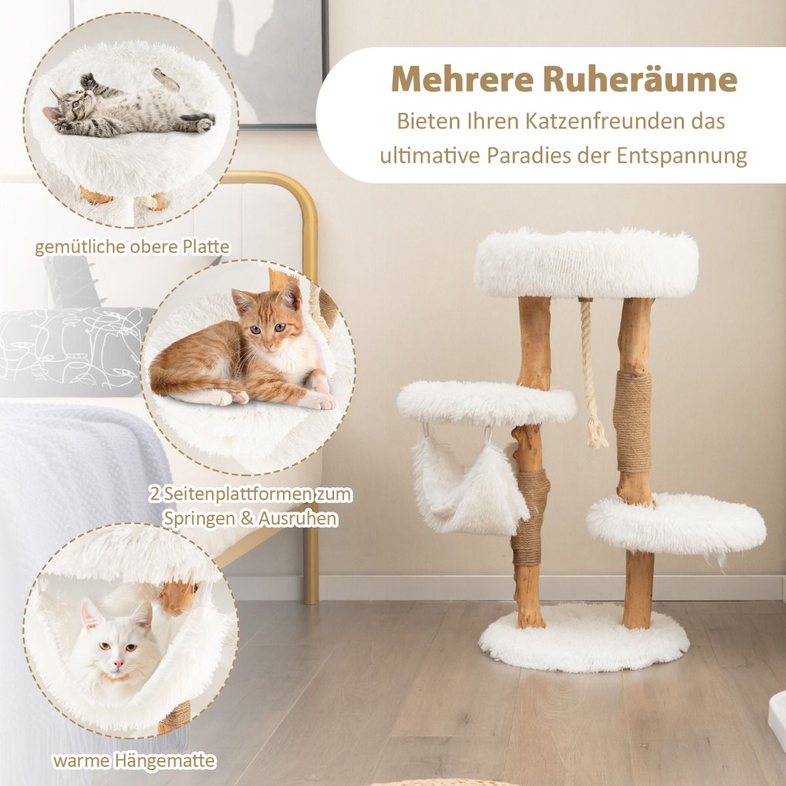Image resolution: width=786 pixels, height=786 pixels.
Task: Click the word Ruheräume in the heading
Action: (640, 81)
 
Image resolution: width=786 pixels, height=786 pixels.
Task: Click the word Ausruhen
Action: (300, 519)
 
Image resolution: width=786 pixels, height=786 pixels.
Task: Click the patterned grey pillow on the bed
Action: (71, 351)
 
